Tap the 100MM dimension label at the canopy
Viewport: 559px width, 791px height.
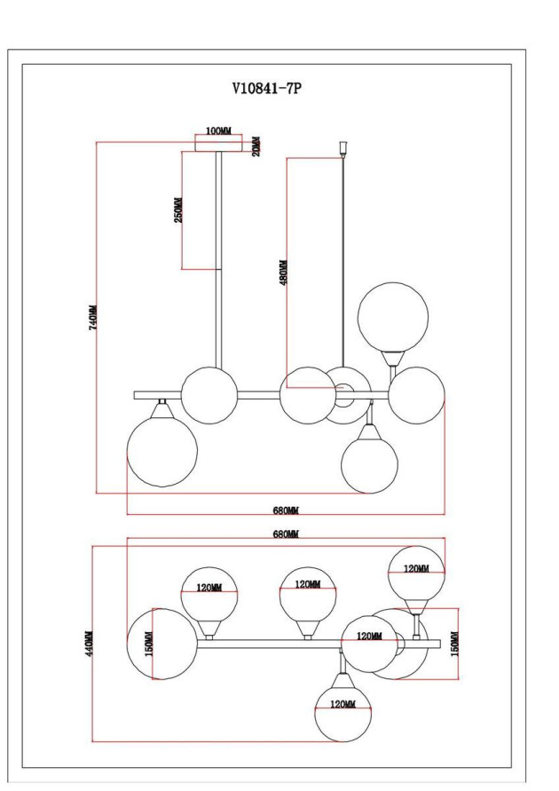coord(217,131)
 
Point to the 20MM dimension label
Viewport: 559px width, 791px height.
coord(256,145)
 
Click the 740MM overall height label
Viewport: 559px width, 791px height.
coord(92,317)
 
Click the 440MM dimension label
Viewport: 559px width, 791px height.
coord(89,644)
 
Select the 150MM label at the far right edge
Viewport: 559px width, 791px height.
coord(453,644)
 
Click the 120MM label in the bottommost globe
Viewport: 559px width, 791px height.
coord(342,704)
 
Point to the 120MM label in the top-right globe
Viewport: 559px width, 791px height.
coord(416,569)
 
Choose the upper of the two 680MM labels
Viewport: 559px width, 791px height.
coord(285,534)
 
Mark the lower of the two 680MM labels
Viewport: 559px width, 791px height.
coord(285,511)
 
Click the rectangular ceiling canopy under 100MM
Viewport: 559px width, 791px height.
coord(217,144)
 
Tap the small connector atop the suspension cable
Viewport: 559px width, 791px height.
coord(342,146)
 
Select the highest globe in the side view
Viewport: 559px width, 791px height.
coord(392,316)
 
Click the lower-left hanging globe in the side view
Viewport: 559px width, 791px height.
coord(161,451)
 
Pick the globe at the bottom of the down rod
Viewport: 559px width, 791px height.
coord(209,394)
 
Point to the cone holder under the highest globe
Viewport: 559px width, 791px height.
coord(391,358)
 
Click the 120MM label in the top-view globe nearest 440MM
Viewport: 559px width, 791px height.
coord(209,587)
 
